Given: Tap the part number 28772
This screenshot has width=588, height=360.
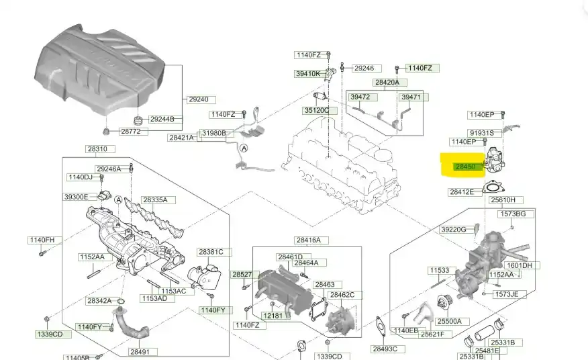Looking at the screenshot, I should coord(130,132).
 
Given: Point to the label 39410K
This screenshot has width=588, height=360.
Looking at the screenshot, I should coord(307,74).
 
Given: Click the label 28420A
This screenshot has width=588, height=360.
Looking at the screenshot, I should coord(387,83).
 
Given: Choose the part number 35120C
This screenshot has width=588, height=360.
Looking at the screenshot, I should coord(316,110).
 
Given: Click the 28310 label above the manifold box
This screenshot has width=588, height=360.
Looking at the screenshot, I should coord(96,149).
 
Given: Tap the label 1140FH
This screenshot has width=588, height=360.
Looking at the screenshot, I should coord(41,240).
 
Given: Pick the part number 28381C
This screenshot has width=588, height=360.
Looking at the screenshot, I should coord(209,252).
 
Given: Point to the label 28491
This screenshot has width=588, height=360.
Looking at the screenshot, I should coord(139,351).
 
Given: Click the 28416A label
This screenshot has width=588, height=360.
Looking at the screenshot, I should coord(307,240).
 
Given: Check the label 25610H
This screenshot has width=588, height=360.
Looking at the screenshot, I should coord(503,200).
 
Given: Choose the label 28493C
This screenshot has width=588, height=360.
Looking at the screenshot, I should coord(385,349).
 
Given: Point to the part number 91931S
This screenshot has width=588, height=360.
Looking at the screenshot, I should coord(481,133).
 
